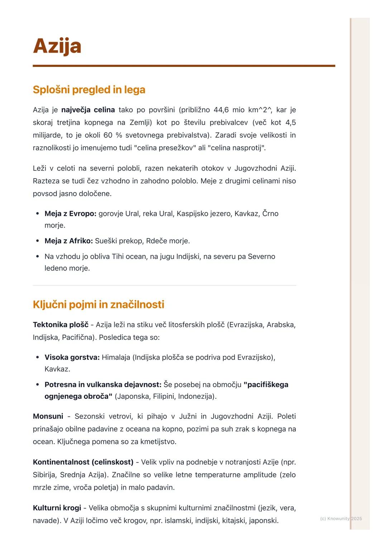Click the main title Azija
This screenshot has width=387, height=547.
57,46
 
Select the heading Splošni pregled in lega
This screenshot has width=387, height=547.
89,89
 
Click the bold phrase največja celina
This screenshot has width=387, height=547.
88,110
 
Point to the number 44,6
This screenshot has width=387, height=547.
221,110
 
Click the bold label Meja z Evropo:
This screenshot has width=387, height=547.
70,214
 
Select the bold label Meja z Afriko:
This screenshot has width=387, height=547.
68,241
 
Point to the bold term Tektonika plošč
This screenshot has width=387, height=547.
61,325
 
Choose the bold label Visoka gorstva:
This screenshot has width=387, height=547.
72,357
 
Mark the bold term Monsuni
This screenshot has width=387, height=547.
48,416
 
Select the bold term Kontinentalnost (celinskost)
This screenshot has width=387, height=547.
83,462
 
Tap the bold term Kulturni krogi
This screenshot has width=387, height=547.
57,508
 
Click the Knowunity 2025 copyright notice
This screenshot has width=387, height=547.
341,519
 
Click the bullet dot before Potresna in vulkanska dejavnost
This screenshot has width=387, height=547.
38,385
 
